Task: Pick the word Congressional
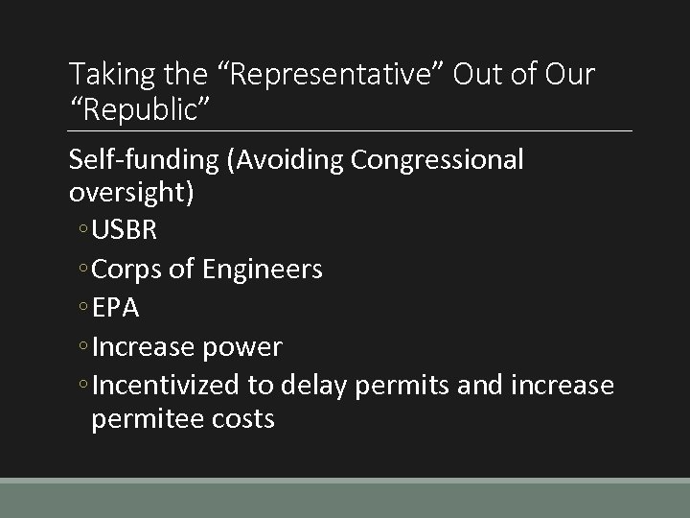click(x=437, y=160)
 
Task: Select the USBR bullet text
click(x=126, y=231)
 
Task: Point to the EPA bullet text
click(x=117, y=308)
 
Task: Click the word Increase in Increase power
click(x=144, y=346)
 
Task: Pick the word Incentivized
click(x=170, y=385)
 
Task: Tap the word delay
click(x=313, y=385)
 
